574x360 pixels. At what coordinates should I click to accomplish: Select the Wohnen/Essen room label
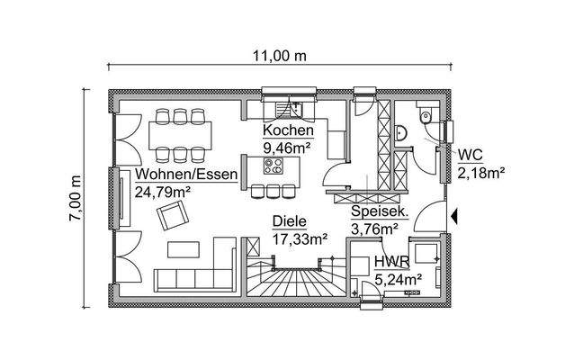click(186, 174)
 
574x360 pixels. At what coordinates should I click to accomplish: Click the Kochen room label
click(288, 130)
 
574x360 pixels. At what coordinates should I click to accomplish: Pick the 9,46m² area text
click(288, 146)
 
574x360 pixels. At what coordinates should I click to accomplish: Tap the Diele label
click(290, 220)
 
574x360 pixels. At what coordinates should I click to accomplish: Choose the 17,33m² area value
click(299, 238)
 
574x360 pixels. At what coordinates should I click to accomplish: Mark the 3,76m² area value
click(374, 229)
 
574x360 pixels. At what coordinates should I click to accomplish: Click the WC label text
click(469, 154)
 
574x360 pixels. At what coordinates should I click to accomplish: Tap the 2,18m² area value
click(480, 171)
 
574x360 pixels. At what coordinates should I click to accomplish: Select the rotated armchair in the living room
click(174, 216)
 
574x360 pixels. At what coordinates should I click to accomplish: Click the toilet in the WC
click(426, 117)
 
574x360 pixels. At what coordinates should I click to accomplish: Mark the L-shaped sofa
click(193, 270)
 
